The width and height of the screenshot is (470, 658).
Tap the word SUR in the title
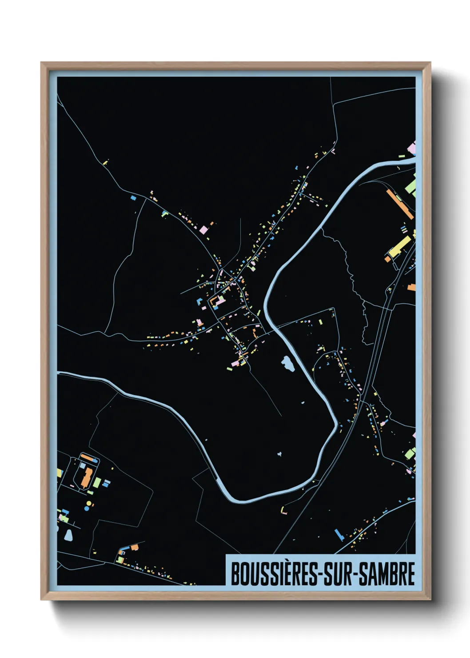click(x=338, y=574)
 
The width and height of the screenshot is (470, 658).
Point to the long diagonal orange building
click(x=400, y=204)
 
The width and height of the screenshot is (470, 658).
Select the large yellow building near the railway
click(x=399, y=247)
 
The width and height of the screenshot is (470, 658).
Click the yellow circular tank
click(x=88, y=508)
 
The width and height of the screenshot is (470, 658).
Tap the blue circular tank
click(x=92, y=503)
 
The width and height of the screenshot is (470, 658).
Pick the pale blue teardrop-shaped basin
click(x=68, y=535)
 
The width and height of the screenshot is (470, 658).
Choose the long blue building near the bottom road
click(x=339, y=534)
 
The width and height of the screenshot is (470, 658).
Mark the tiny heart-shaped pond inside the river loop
click(x=280, y=454)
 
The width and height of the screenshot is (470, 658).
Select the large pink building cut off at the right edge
click(x=412, y=148)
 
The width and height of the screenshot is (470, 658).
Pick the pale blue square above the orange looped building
click(x=83, y=465)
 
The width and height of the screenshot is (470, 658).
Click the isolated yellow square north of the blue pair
click(x=106, y=163)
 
